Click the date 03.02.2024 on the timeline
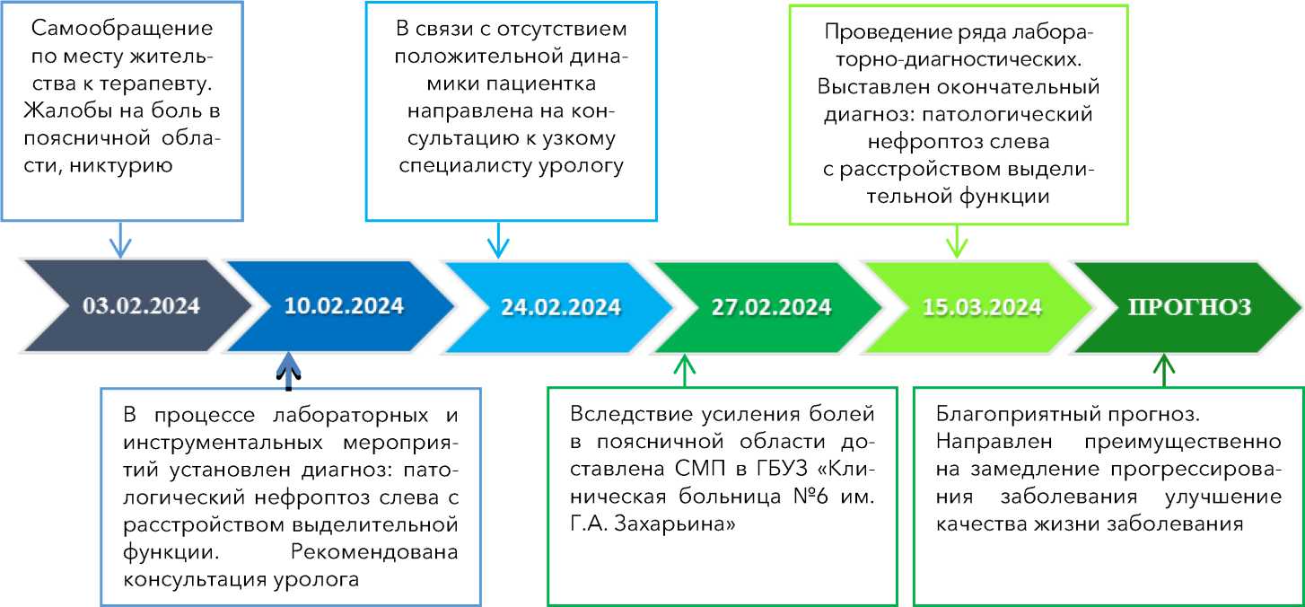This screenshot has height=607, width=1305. [x=141, y=304]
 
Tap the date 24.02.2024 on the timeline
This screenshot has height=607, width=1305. [x=561, y=306]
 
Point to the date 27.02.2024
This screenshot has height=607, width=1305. [x=772, y=306]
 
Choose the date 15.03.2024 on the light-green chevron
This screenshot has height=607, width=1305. [x=982, y=306]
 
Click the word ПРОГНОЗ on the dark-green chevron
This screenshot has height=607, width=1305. [x=1188, y=305]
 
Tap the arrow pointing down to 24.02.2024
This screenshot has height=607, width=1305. [x=497, y=241]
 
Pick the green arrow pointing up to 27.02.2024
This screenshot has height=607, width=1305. [x=685, y=369]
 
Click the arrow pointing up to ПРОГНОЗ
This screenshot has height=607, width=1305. [x=1164, y=369]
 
